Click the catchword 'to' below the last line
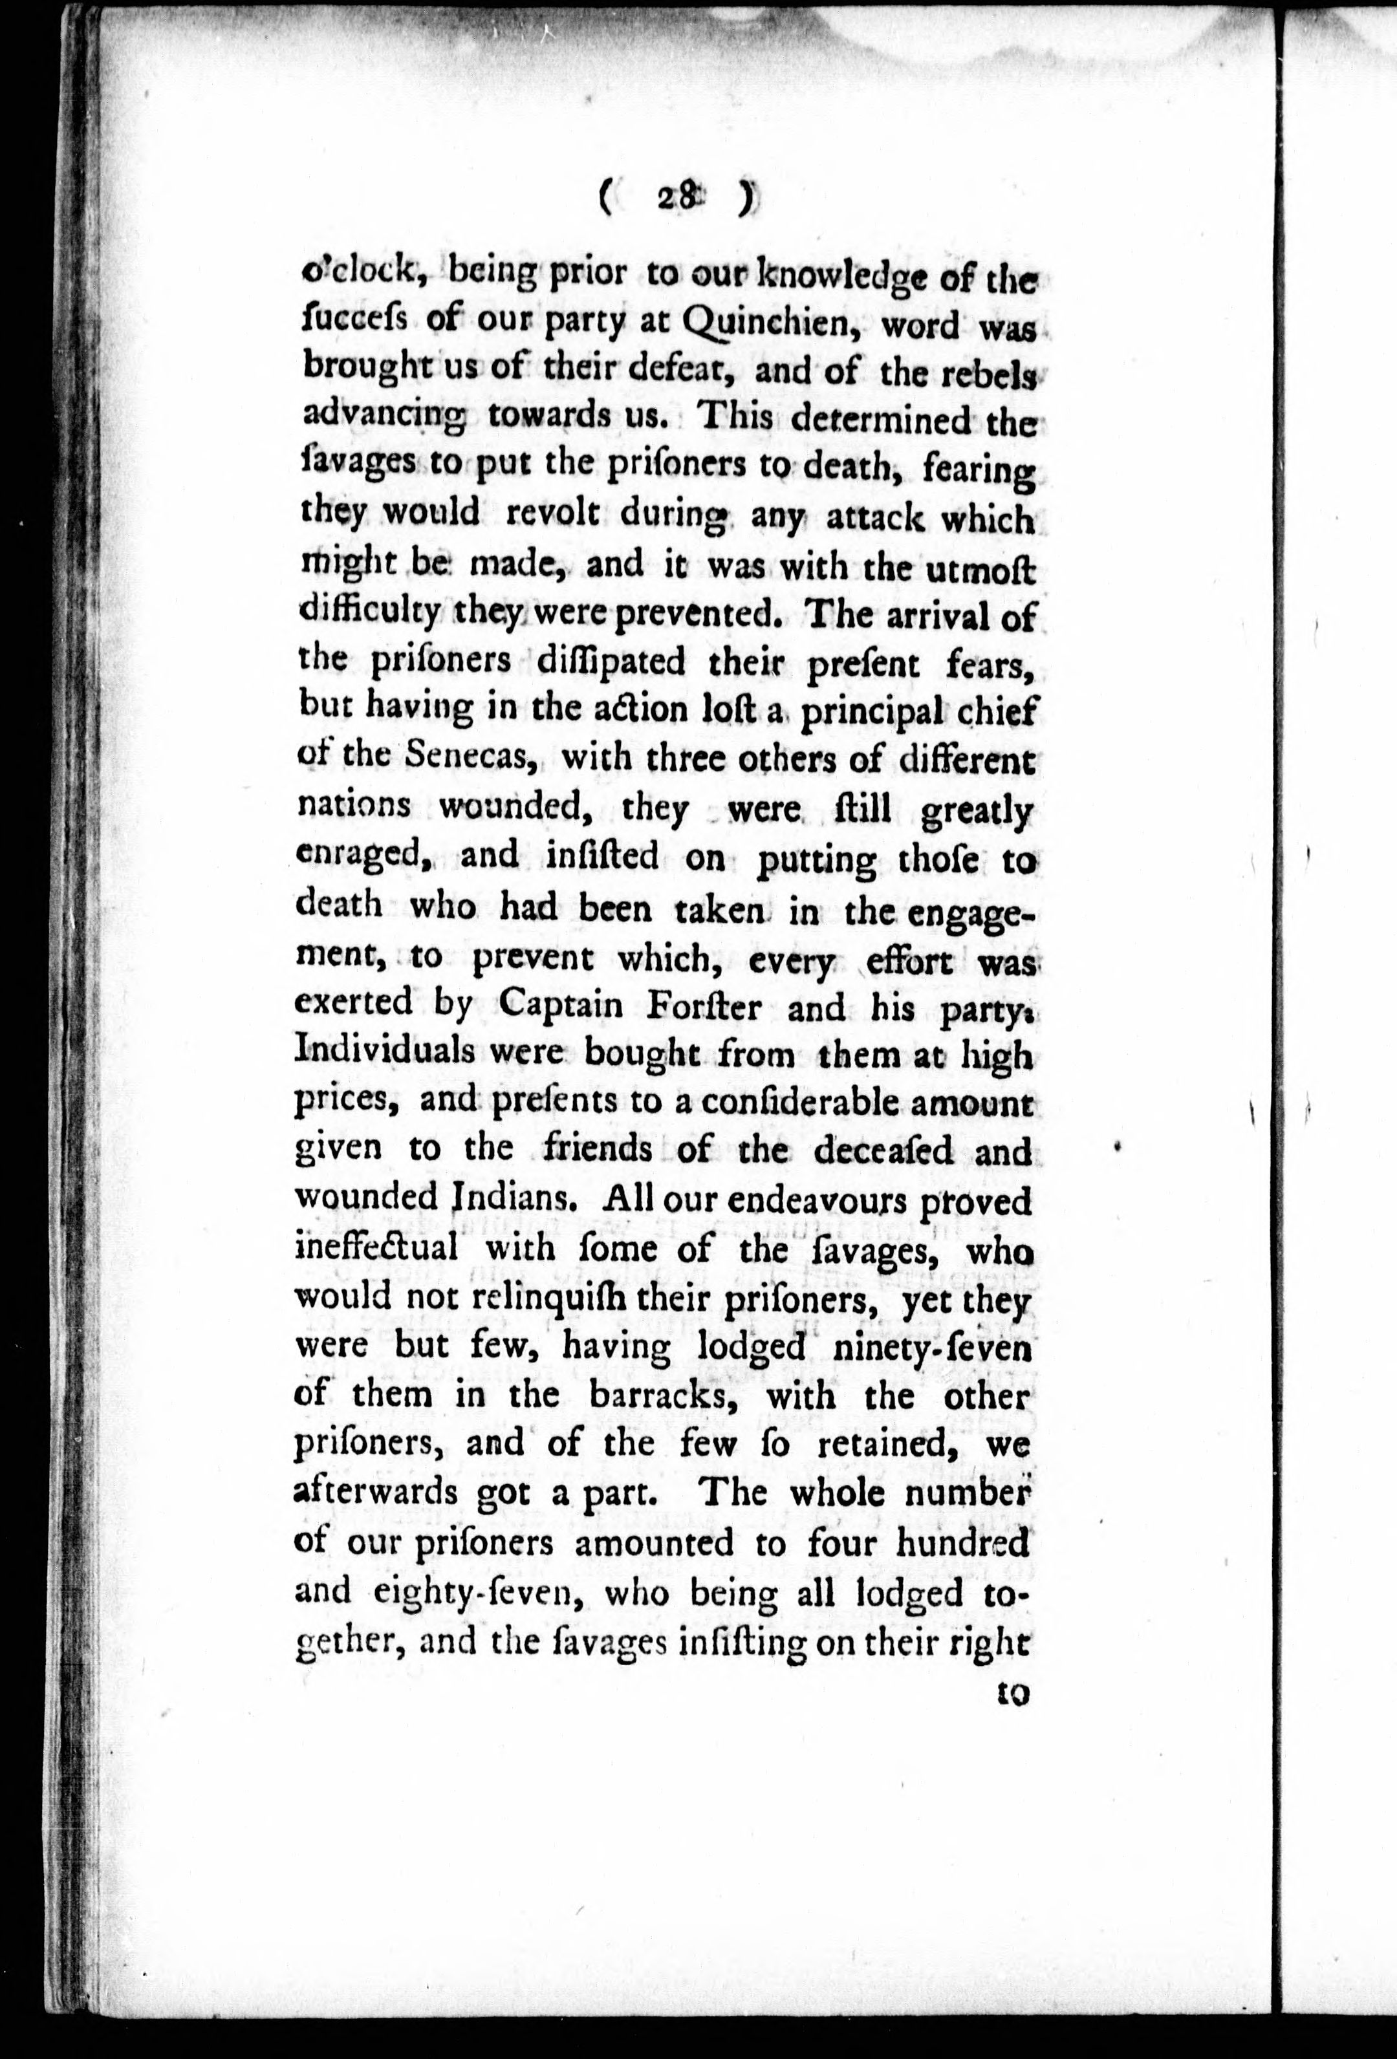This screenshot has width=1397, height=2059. (x=1010, y=1693)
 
